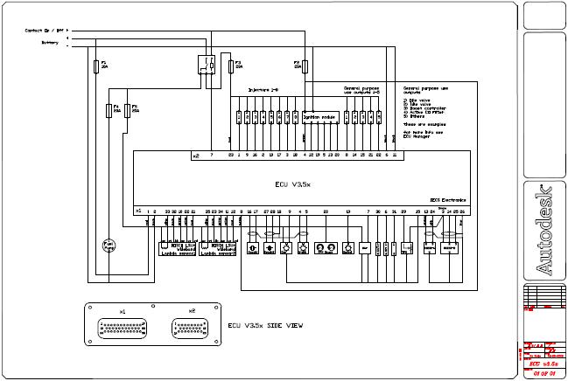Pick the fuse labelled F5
[x=129, y=110]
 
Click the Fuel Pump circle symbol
[x=109, y=246]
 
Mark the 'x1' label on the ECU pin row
[x=138, y=211]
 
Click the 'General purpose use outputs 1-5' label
[x=362, y=90]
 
